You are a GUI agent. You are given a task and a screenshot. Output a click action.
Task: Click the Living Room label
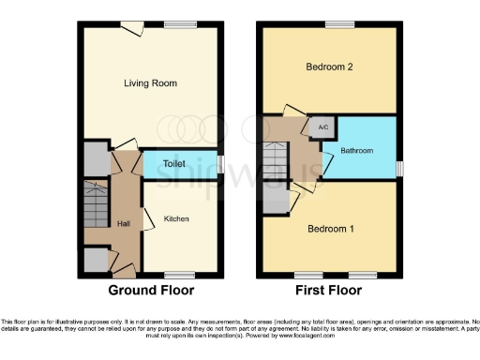click(150, 83)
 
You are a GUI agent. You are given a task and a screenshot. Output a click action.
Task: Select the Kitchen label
click(176, 218)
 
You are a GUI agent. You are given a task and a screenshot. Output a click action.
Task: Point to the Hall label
click(124, 223)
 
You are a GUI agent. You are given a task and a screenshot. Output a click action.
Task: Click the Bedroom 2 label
click(329, 67)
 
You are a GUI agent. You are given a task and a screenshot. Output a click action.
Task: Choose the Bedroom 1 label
click(329, 228)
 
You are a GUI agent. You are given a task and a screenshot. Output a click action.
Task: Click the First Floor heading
click(330, 291)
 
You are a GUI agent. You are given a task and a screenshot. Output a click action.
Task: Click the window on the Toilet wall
click(219, 163)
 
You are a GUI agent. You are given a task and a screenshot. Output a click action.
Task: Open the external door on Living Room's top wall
click(136, 25)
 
